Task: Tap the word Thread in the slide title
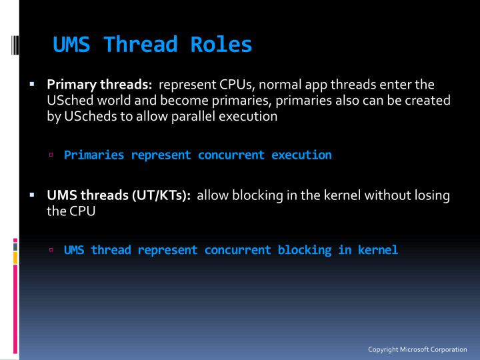pyautogui.click(x=140, y=45)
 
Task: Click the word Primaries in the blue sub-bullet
pyautogui.click(x=94, y=155)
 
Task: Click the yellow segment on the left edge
pyautogui.click(x=15, y=256)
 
